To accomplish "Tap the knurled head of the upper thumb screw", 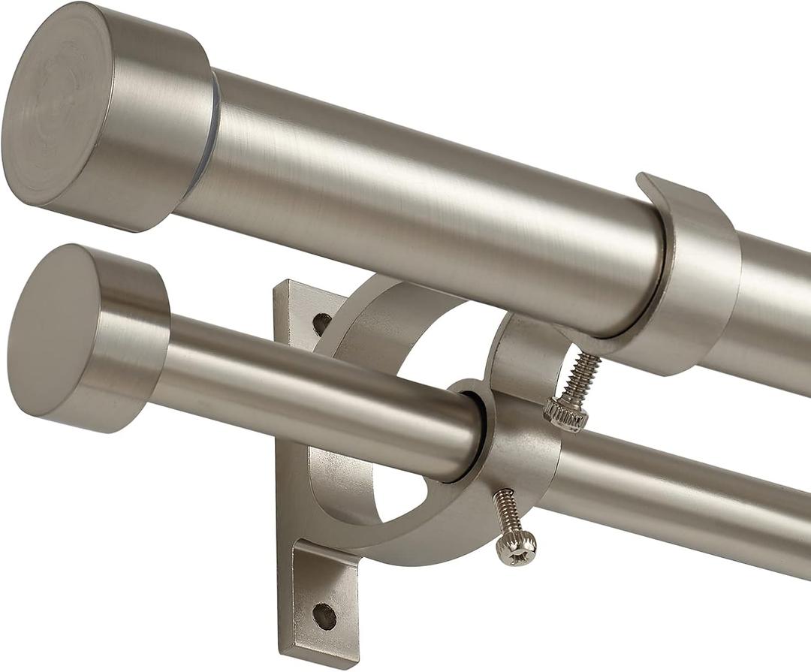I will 565,415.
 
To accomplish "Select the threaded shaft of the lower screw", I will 507,511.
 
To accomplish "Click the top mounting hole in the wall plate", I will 321,324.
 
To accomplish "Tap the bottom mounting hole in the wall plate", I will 324,616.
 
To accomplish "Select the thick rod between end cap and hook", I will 421,203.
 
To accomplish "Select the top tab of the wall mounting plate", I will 300,308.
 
